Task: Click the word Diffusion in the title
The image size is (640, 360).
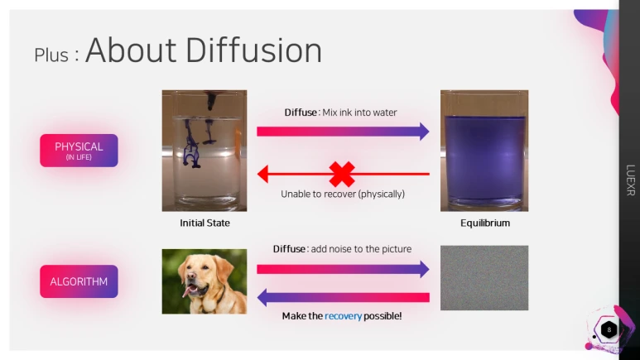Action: pos(254,50)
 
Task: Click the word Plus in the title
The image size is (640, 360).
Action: pos(51,55)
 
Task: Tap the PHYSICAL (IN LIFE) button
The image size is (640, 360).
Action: pos(79,150)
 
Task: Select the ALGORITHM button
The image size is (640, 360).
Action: pos(79,281)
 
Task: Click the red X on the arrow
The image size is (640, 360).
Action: pos(342,175)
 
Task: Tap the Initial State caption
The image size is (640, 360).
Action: pos(205,223)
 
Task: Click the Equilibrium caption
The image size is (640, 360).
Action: pos(485,223)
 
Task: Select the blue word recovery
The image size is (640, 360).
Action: pos(344,316)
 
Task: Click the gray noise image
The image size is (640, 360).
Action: pos(484,277)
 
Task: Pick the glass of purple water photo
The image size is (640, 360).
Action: pos(484,151)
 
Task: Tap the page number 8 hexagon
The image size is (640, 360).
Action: pos(609,330)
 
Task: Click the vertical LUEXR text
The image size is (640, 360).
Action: pos(631,180)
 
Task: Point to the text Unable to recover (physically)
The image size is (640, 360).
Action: pos(343,194)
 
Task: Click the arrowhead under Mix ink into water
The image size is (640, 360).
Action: pos(425,132)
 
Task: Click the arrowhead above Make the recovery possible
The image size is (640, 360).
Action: pos(262,298)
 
